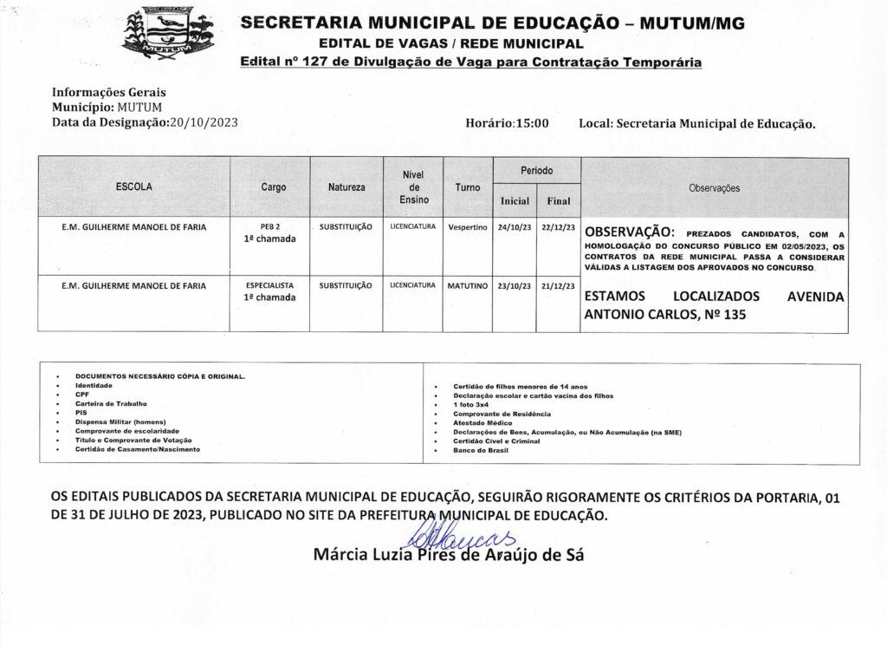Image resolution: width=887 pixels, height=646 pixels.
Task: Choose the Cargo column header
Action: [274, 186]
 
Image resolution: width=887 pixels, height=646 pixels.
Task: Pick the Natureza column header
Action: [346, 186]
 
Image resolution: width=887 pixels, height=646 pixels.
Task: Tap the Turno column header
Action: [468, 186]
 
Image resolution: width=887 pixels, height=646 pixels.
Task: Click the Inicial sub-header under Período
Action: [515, 201]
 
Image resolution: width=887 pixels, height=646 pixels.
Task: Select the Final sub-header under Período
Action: [559, 201]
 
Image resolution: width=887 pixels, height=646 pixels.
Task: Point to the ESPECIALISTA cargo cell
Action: [270, 285]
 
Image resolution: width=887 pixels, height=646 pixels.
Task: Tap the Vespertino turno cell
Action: [468, 227]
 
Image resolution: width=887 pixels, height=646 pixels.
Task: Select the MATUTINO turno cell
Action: [468, 285]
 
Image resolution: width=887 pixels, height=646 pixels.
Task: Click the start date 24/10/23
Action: [515, 227]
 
